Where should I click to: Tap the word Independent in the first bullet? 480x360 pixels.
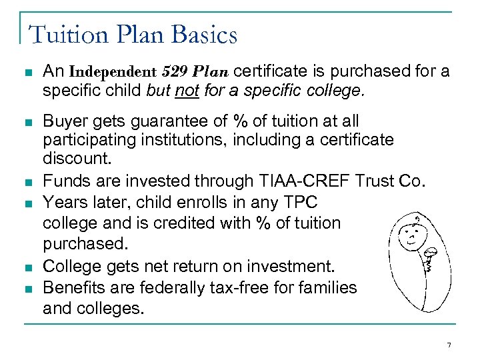(x=111, y=71)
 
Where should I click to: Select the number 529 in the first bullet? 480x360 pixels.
(x=172, y=71)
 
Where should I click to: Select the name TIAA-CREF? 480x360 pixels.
(x=313, y=181)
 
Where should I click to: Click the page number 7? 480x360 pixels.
(x=448, y=345)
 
